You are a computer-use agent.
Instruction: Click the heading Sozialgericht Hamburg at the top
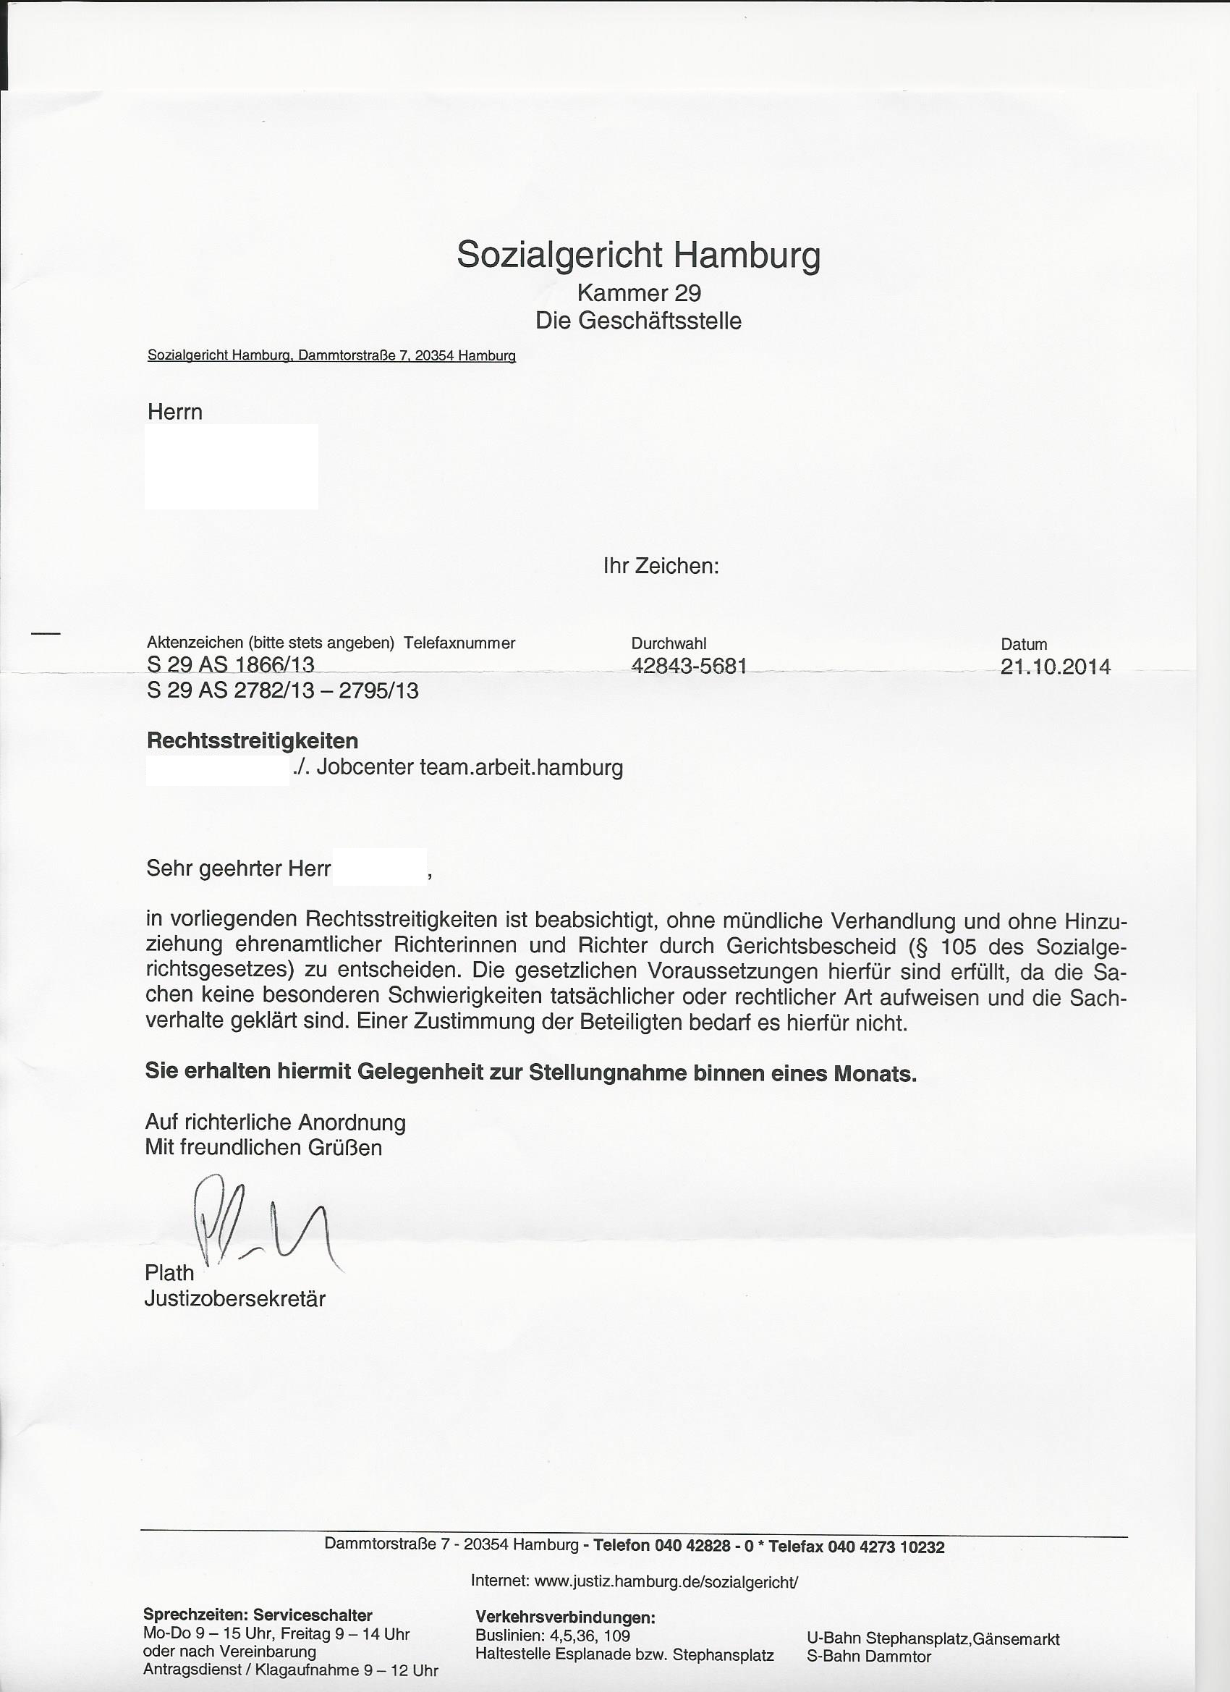tap(638, 255)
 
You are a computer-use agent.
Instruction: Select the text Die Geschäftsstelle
tap(638, 321)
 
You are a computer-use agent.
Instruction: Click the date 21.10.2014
tap(1056, 667)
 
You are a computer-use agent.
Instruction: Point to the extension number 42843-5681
tap(689, 666)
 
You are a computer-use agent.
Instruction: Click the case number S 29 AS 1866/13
tap(231, 664)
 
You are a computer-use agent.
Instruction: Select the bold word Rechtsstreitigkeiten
tap(252, 741)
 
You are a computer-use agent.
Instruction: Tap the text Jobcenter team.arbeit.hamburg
tap(469, 768)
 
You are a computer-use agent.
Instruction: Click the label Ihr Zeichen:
tap(661, 566)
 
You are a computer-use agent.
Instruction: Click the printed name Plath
tap(169, 1273)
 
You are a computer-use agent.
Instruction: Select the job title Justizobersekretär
tap(235, 1299)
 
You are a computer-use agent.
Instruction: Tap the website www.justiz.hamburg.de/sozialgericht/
tap(666, 1581)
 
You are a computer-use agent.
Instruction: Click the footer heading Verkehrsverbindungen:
tap(565, 1618)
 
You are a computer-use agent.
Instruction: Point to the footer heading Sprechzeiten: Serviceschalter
tap(258, 1616)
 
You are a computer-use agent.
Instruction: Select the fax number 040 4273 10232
tap(886, 1547)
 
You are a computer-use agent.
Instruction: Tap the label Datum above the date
tap(1023, 644)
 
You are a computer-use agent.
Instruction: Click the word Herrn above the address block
tap(174, 412)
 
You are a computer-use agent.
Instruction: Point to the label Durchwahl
tap(669, 643)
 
